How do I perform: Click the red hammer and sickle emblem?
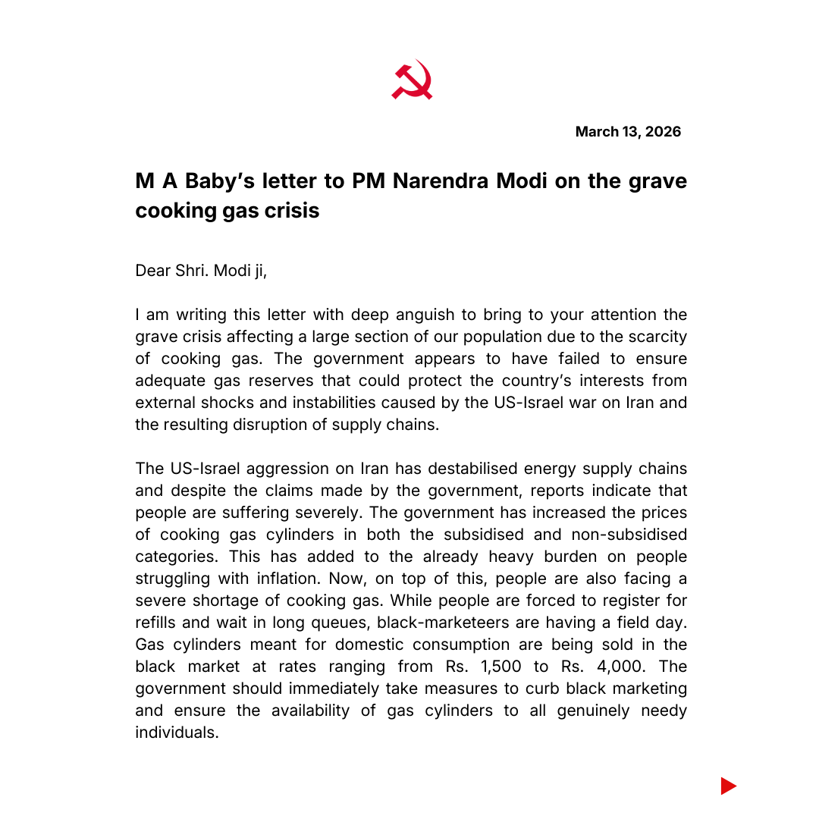(x=412, y=80)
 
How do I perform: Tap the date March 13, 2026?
(x=628, y=132)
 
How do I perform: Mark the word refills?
(x=158, y=623)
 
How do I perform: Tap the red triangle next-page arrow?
(x=728, y=786)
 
